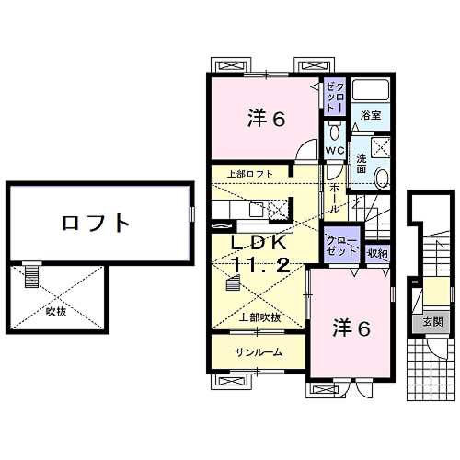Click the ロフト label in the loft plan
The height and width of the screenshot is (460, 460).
[x=96, y=222]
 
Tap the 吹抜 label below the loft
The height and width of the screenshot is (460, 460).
[x=57, y=311]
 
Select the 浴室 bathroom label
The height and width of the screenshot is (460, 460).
[x=370, y=117]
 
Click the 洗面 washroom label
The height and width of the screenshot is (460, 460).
[x=362, y=163]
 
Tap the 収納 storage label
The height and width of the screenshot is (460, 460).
[x=376, y=252]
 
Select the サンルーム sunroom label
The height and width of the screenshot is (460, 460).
[x=258, y=352]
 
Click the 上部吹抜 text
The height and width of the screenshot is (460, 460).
[x=260, y=317]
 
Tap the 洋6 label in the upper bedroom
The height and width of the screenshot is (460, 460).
[x=267, y=118]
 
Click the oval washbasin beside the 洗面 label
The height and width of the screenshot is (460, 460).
[x=383, y=178]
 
